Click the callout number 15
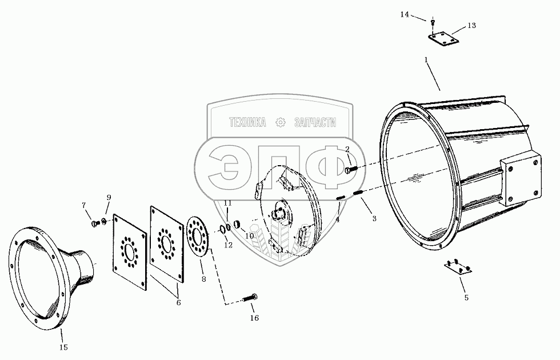pyautogui.click(x=64, y=346)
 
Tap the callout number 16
pyautogui.click(x=254, y=318)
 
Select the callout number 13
pyautogui.click(x=471, y=25)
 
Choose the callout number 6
pyautogui.click(x=178, y=302)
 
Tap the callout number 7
pyautogui.click(x=83, y=205)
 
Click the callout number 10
pyautogui.click(x=249, y=235)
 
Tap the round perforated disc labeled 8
pyautogui.click(x=198, y=236)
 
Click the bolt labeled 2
pyautogui.click(x=352, y=169)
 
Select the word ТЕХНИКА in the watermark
pyautogui.click(x=247, y=122)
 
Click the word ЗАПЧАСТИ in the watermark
pyautogui.click(x=314, y=122)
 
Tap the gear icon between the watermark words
pyautogui.click(x=280, y=122)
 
